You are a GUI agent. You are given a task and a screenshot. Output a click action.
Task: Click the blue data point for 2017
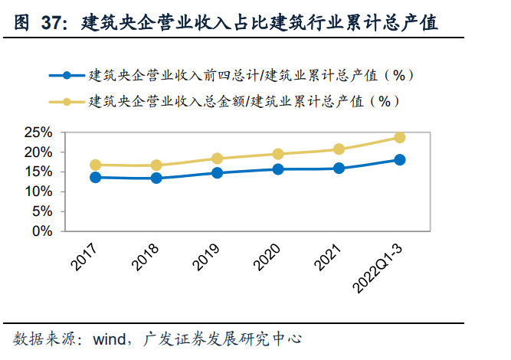coord(96,178)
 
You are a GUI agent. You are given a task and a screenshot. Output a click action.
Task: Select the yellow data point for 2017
coord(96,165)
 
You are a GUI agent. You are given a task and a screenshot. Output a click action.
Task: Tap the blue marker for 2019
coord(217,173)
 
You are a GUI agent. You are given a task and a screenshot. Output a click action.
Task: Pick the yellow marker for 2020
coord(278,154)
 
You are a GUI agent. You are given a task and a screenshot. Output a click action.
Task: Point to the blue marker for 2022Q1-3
coord(400,159)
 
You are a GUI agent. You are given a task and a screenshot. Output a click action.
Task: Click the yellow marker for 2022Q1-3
coord(400,137)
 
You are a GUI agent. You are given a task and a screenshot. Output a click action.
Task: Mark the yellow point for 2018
coord(156,165)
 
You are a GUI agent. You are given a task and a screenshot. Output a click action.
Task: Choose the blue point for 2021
coord(339,169)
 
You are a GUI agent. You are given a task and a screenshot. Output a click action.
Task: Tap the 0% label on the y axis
coord(41,231)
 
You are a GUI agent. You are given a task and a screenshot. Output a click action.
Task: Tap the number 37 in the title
coord(51,24)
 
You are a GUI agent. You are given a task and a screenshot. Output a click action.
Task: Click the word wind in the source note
coord(110,339)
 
